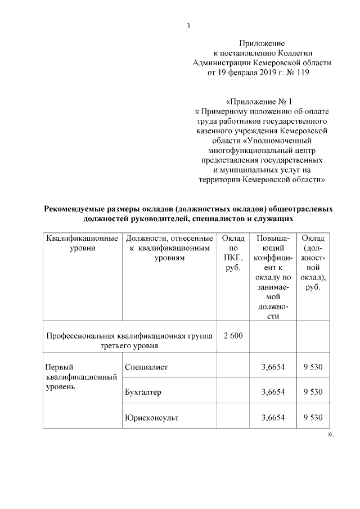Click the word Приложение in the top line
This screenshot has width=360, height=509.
262,43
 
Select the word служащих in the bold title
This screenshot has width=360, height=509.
277,218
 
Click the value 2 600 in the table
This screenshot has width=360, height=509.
232,336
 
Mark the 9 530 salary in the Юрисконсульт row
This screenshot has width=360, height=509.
313,417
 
